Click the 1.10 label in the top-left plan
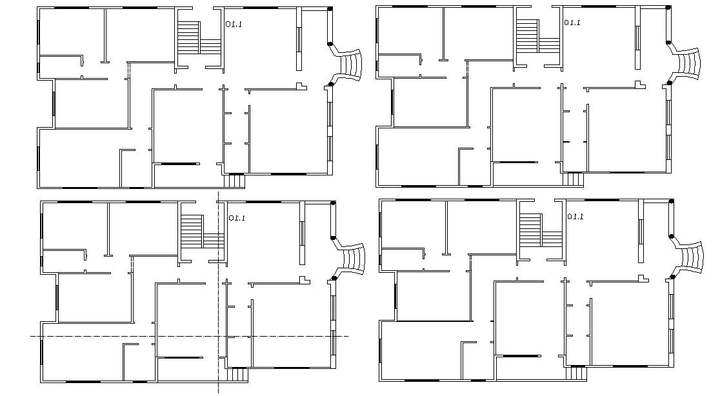[234, 25]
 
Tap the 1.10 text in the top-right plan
[572, 23]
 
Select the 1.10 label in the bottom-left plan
[237, 218]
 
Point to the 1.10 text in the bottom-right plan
[575, 217]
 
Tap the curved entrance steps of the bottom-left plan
[353, 259]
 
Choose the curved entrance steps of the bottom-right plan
[692, 257]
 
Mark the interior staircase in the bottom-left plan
[198, 232]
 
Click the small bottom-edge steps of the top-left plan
[234, 181]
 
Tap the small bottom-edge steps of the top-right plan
[573, 179]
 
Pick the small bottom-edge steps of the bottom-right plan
[576, 373]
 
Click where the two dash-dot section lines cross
[218, 336]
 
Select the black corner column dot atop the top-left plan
[330, 9]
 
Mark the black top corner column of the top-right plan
[668, 8]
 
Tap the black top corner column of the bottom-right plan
[672, 202]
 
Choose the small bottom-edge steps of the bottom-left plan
[238, 374]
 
